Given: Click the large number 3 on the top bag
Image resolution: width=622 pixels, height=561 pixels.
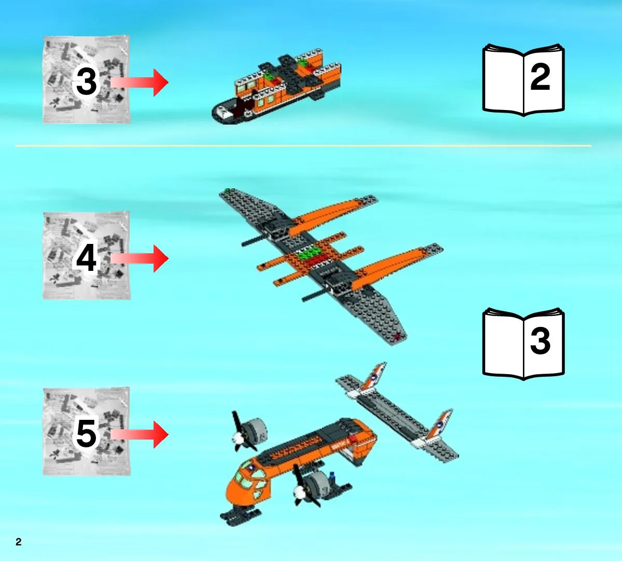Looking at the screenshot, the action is pos(86,81).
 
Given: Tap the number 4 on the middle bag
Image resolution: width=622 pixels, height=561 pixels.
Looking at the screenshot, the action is pos(86,258).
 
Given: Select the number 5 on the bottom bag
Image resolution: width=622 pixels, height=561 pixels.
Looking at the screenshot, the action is pos(86,434).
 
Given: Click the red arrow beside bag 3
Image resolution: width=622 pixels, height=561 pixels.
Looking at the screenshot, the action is pos(140,83).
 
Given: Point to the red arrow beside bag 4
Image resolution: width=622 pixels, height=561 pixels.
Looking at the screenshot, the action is pos(140,258).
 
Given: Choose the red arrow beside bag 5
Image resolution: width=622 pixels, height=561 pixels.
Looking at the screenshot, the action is pos(140,434).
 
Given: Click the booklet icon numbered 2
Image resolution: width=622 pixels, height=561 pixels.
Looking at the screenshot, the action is pos(523,80).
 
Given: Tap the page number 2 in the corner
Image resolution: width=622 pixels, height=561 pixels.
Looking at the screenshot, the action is pos(18,542).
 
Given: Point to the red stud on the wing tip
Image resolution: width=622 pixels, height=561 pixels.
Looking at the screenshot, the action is pos(396,337).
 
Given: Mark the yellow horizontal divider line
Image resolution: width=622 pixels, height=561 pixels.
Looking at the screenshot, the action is pos(303,146).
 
